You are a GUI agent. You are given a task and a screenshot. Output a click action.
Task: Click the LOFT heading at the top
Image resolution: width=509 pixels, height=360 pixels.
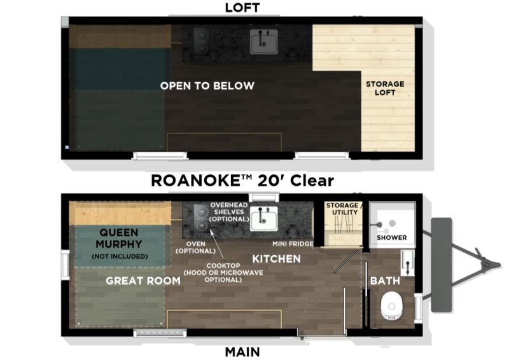pos(242,8)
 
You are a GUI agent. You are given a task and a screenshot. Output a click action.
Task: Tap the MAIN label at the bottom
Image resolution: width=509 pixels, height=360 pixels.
pos(242,352)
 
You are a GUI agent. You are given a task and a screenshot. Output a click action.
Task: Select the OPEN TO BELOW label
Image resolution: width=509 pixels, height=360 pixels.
pos(207,86)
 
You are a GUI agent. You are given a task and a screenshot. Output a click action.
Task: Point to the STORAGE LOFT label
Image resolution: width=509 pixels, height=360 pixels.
pos(385,88)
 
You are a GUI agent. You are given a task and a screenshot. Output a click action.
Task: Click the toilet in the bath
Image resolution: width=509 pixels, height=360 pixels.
pos(391,305)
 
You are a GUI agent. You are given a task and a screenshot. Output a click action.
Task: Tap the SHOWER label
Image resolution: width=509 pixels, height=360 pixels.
pos(391,238)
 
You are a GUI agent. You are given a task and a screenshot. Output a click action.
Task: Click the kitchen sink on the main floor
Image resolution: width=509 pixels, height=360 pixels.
pos(264,218)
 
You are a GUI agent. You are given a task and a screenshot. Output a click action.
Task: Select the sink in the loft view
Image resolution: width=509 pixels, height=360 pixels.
pos(263,41)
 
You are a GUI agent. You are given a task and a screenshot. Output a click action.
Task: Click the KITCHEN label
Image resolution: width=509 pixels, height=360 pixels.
pos(276,259)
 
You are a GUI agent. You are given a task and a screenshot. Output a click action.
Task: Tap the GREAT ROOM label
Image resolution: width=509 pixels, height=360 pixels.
pos(143,280)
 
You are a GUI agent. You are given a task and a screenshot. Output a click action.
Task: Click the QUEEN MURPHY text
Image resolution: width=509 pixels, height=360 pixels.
pos(119,239)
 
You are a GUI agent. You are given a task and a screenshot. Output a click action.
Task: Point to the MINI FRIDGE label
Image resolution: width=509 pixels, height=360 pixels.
pos(293,244)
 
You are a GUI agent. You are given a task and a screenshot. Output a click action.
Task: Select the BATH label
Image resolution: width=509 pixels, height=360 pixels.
pos(385,280)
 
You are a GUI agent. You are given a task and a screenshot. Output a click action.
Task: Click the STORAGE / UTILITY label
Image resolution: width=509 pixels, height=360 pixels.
pos(344,209)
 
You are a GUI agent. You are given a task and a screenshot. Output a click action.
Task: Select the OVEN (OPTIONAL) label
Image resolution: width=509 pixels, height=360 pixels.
pos(196,247)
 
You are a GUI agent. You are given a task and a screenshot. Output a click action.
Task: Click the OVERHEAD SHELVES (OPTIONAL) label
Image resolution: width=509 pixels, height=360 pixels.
pos(229,212)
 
